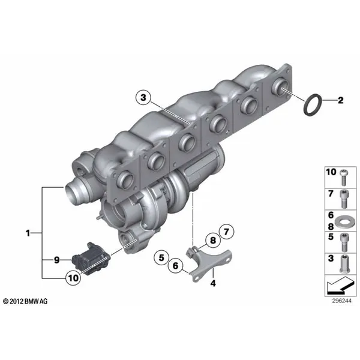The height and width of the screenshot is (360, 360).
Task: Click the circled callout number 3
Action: [143, 98]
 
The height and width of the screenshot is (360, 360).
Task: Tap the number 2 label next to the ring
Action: [340, 100]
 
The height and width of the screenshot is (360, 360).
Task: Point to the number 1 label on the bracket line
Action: [28, 233]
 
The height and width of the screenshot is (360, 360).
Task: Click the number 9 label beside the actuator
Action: [57, 260]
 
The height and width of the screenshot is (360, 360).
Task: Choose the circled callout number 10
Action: [73, 278]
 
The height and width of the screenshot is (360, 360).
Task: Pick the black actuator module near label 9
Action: [91, 257]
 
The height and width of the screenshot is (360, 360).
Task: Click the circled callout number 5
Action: [161, 257]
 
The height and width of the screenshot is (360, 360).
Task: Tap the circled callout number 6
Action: [175, 266]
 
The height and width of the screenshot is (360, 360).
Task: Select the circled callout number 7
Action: [226, 232]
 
